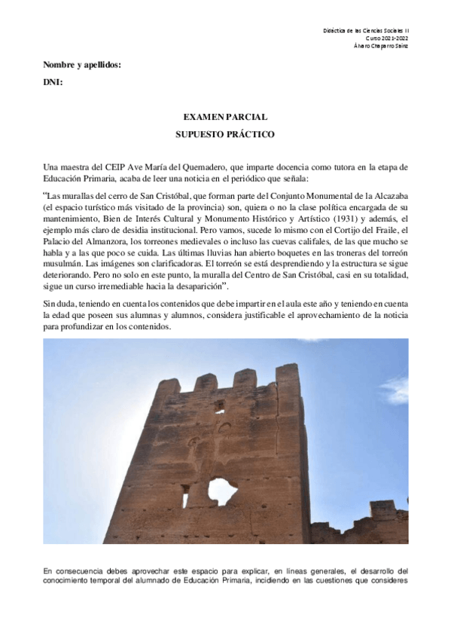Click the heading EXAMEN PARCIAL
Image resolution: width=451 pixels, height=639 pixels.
pyautogui.click(x=225, y=118)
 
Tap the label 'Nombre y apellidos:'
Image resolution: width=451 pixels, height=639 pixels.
pyautogui.click(x=83, y=65)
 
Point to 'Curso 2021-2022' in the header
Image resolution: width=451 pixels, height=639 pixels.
pyautogui.click(x=387, y=37)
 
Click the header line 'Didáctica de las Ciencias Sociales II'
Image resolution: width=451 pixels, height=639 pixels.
pyautogui.click(x=370, y=29)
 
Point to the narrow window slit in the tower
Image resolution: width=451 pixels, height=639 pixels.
pyautogui.click(x=184, y=495)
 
